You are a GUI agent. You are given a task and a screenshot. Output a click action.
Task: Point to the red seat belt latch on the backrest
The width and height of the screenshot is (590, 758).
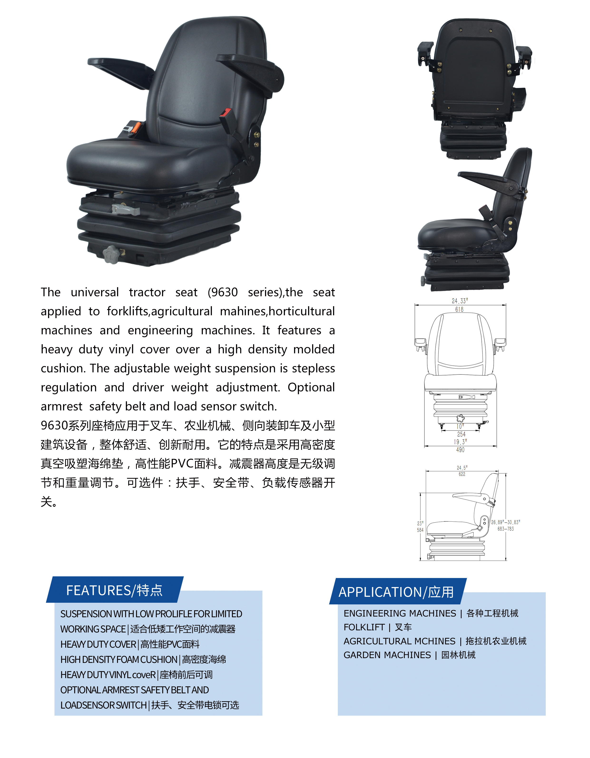point(225,113)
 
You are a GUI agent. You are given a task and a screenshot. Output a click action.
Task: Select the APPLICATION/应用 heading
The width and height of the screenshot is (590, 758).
point(396,592)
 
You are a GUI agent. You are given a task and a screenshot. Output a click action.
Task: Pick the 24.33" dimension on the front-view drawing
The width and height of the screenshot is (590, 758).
point(460,301)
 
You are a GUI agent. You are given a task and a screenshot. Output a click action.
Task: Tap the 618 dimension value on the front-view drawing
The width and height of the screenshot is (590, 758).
point(459,309)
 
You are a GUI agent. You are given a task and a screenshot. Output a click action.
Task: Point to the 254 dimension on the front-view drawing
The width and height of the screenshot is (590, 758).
point(461,434)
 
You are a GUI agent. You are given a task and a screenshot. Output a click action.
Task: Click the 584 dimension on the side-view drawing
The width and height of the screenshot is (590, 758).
point(420,530)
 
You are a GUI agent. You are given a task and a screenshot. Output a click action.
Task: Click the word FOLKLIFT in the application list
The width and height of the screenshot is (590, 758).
point(364,627)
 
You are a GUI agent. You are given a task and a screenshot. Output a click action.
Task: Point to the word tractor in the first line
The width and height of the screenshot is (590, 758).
point(147,292)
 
